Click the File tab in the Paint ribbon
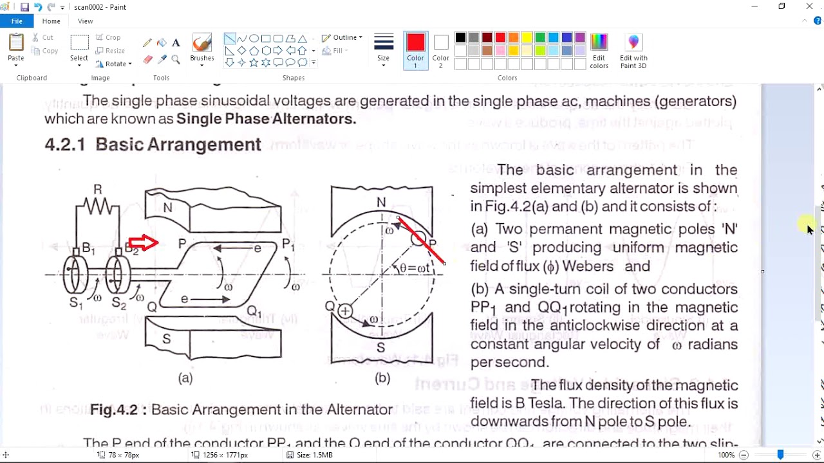click(17, 21)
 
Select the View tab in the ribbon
click(85, 21)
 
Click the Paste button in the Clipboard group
click(16, 48)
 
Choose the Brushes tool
click(202, 48)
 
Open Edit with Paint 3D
click(633, 50)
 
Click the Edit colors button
click(599, 50)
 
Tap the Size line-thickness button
click(384, 48)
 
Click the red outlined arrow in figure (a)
click(143, 242)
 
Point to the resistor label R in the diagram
click(98, 189)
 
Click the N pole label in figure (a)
click(168, 207)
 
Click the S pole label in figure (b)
click(381, 348)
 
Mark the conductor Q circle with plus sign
click(345, 311)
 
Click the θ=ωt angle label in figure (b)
click(415, 269)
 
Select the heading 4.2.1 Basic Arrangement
click(153, 145)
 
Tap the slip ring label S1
click(76, 304)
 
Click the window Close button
click(809, 6)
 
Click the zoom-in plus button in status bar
click(816, 455)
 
